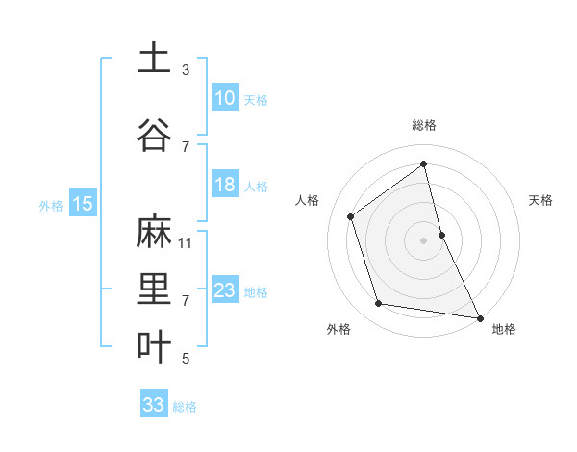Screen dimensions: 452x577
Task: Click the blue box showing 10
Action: (x=224, y=98)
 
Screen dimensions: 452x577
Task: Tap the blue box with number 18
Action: (x=224, y=185)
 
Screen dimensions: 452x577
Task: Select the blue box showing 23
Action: (x=224, y=290)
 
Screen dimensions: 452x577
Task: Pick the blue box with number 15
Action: (x=83, y=203)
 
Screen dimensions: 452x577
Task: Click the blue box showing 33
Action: (x=153, y=405)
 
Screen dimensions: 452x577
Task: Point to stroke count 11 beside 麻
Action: (x=186, y=242)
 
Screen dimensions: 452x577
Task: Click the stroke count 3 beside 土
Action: (x=186, y=69)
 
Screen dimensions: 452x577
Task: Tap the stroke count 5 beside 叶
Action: (x=186, y=359)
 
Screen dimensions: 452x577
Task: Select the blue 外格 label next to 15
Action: (x=50, y=205)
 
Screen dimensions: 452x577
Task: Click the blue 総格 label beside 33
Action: (x=185, y=407)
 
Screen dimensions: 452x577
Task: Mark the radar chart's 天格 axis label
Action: (x=540, y=200)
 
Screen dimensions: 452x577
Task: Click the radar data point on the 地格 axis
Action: (x=479, y=316)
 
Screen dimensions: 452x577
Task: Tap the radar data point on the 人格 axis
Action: (x=351, y=216)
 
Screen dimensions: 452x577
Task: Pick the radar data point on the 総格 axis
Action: (x=424, y=164)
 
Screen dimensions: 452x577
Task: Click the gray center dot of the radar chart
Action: (x=423, y=239)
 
